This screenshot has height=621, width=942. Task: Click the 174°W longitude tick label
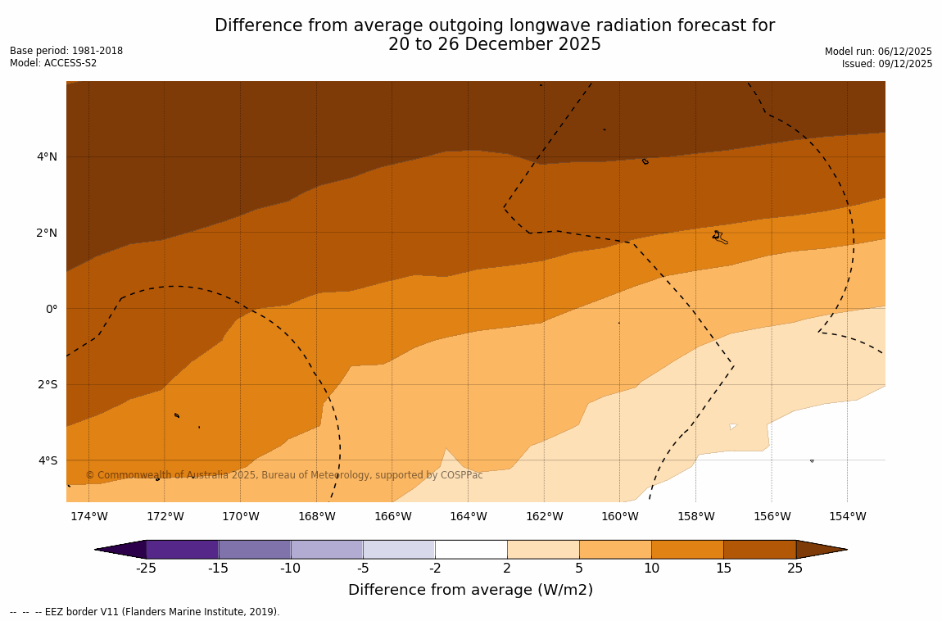88,516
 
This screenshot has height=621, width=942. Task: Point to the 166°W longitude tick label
392,516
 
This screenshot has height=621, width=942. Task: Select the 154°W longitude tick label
847,516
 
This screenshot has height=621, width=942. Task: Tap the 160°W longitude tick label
620,516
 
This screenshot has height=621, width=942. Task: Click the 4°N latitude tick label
47,156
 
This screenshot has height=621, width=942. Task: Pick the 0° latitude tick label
51,309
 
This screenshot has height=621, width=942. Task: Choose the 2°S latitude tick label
48,384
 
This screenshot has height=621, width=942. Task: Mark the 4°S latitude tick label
48,460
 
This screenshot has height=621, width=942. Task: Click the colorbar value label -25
146,569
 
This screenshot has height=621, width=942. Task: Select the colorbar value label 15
723,569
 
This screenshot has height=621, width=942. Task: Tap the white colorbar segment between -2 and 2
471,549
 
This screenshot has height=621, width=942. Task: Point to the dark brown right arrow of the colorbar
821,549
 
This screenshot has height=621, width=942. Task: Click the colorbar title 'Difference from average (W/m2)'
470,590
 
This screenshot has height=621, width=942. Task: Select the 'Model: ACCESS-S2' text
53,63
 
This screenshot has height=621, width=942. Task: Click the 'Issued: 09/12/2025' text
886,64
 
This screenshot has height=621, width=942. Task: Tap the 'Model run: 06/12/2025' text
878,51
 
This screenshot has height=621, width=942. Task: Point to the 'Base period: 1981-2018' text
66,51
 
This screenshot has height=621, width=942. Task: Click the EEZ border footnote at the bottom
145,612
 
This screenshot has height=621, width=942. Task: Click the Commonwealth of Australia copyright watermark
284,475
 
